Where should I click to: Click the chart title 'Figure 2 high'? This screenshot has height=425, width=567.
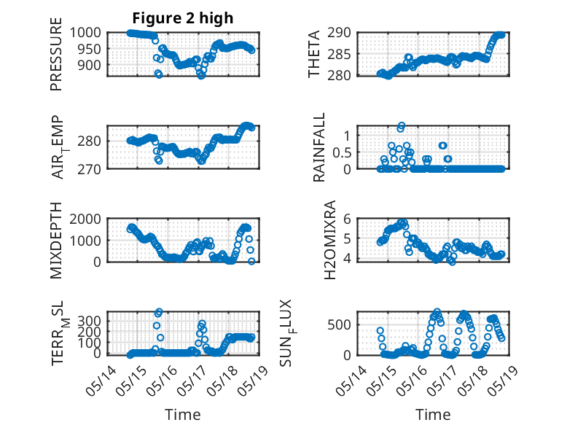(x=183, y=18)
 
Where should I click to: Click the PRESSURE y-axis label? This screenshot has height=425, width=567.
(x=56, y=54)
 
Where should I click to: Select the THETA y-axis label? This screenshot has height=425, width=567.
(x=314, y=54)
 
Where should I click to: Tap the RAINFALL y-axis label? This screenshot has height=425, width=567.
(x=319, y=147)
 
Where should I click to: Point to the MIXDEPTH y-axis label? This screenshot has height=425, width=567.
(x=56, y=241)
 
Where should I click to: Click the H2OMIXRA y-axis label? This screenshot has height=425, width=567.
(x=330, y=240)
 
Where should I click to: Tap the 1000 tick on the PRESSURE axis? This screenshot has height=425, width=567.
(x=85, y=33)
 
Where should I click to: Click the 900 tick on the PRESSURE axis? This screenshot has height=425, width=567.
(x=90, y=66)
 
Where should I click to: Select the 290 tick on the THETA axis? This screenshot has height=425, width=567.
(x=339, y=33)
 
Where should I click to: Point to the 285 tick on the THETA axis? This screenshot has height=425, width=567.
(x=339, y=54)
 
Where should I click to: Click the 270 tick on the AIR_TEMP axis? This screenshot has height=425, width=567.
(x=90, y=169)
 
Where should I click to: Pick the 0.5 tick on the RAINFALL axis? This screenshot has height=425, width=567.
(x=342, y=152)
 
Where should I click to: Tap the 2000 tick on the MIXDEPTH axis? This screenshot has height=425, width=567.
(x=85, y=219)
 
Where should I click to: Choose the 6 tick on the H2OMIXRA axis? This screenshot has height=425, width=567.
(x=347, y=219)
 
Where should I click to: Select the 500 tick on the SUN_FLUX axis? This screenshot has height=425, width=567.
(x=339, y=324)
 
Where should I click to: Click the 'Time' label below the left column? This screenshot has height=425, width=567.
(x=183, y=415)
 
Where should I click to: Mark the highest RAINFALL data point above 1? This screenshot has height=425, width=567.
(x=402, y=125)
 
